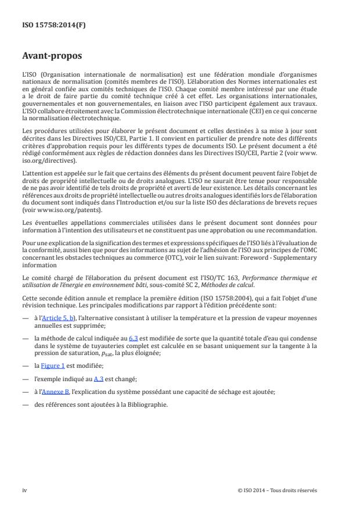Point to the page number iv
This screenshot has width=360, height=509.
[x=24, y=490]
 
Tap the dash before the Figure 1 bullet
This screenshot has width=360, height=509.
[x=25, y=365]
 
